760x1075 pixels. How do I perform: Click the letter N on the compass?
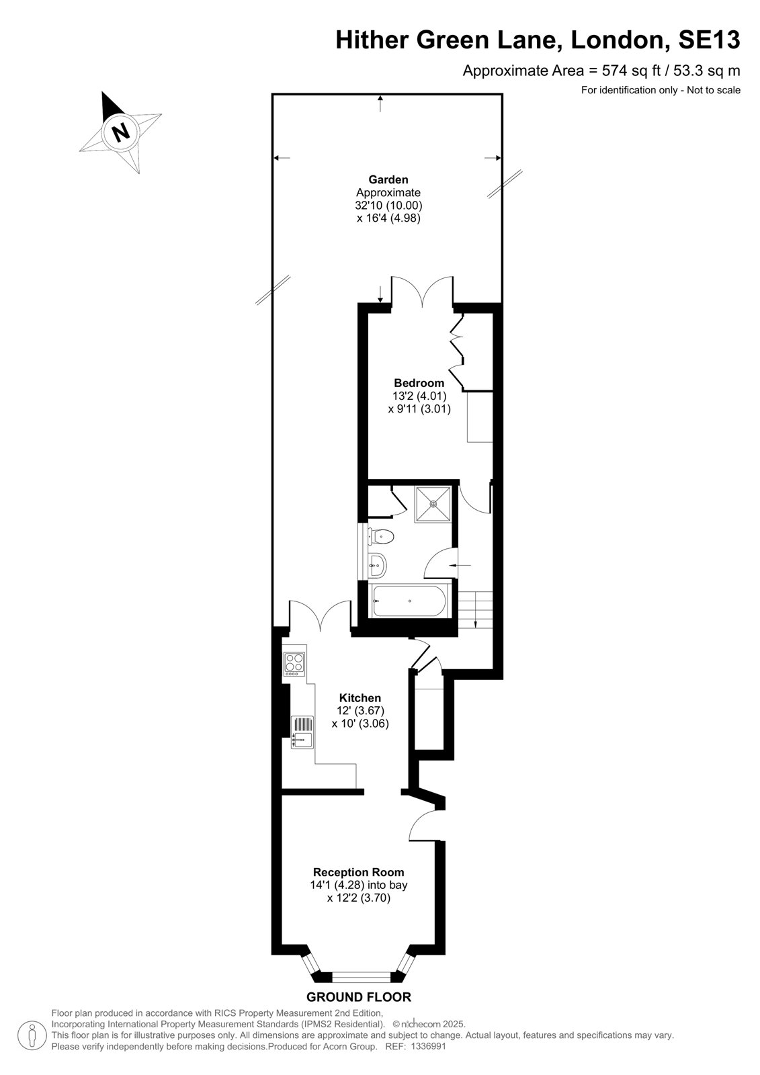pos(120,130)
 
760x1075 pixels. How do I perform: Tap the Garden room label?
pos(388,179)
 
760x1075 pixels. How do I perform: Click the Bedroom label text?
pos(419,383)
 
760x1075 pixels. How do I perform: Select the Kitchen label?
pos(360,698)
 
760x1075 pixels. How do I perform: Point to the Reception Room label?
pos(358,872)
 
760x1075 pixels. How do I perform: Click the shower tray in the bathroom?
pos(433,504)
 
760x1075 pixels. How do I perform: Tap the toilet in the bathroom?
pos(381,536)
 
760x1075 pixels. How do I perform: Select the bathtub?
pos(409,601)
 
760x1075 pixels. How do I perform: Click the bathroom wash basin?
pos(378,566)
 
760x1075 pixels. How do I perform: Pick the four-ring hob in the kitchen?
pos(294,664)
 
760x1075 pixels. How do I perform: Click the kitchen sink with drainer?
pos(302,732)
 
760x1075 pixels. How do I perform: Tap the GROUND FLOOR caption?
pos(359,997)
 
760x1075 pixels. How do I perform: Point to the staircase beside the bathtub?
pos(475,611)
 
